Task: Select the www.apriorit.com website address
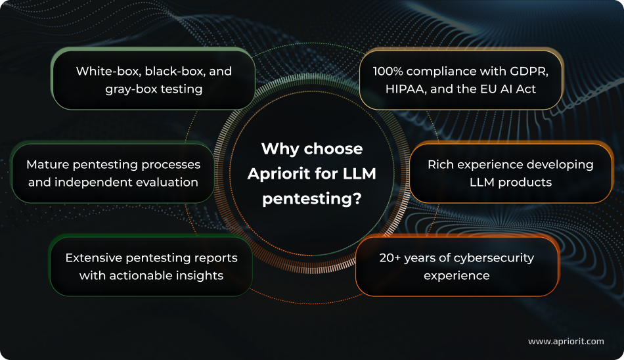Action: (x=566, y=341)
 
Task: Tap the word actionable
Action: (x=141, y=275)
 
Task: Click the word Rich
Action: (x=441, y=164)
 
